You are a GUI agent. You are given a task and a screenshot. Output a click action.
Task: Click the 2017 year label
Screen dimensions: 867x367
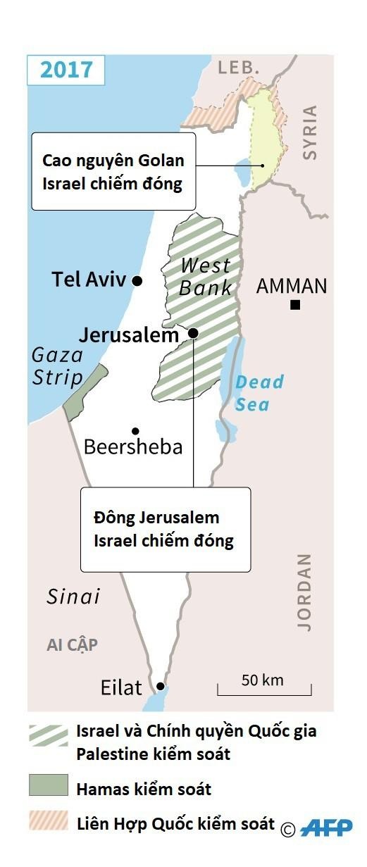click(66, 70)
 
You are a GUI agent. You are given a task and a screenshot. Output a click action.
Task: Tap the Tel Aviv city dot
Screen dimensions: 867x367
click(137, 280)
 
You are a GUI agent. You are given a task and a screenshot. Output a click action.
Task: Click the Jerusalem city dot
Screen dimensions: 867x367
click(193, 332)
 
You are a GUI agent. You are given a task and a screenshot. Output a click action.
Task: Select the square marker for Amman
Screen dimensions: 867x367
click(295, 304)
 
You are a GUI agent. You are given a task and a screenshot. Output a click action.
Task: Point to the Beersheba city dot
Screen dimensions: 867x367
click(135, 431)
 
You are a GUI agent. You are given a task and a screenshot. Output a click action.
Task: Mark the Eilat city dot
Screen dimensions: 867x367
click(161, 686)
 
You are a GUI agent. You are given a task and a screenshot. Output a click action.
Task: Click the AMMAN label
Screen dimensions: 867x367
click(292, 286)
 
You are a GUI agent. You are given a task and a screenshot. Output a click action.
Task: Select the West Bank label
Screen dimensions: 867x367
click(205, 276)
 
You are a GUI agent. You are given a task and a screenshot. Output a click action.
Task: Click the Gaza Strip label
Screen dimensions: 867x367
click(57, 366)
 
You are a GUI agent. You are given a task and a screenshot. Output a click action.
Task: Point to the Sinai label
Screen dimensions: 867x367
click(73, 597)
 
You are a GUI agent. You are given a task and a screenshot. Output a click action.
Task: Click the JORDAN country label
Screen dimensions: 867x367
click(304, 592)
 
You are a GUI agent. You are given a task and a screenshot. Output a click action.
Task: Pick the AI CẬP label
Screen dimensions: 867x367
click(72, 644)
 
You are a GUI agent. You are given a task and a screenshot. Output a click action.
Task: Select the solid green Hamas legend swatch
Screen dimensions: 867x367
click(49, 785)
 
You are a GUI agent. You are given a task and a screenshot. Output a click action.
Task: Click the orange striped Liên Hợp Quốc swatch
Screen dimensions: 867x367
click(49, 821)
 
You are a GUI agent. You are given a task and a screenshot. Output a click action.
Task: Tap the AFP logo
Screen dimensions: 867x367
click(326, 828)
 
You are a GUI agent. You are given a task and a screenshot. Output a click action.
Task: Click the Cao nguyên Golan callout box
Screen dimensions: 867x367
click(113, 171)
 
